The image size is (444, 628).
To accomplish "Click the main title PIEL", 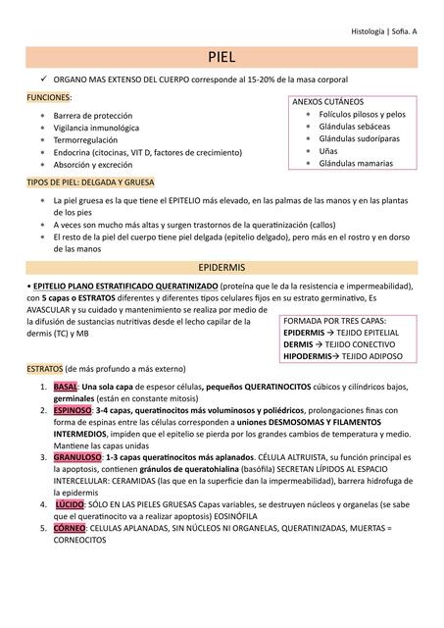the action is tap(222, 57).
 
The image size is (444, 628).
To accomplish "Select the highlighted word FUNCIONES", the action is tap(48, 97).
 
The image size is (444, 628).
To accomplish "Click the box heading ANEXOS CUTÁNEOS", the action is tap(327, 102).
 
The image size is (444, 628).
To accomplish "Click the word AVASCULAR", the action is tap(54, 309).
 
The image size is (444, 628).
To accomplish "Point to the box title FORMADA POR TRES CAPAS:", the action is tap(334, 321).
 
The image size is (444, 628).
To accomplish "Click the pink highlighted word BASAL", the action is tap(66, 387).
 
